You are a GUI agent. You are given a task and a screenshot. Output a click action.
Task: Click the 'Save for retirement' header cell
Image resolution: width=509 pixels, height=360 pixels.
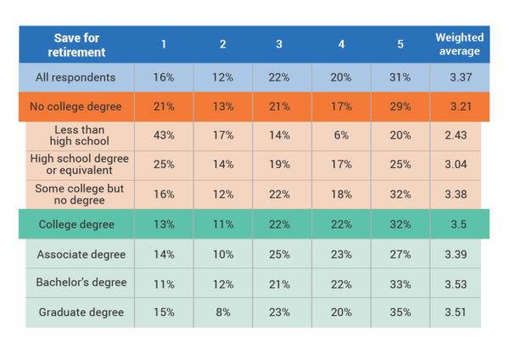point(80,44)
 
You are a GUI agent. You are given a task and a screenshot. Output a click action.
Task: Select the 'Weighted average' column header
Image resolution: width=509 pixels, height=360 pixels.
point(459,44)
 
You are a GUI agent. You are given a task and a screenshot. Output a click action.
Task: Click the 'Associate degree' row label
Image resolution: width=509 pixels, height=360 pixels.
point(81,254)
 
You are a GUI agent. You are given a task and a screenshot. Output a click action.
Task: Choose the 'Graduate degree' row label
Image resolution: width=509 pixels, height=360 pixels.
point(81,312)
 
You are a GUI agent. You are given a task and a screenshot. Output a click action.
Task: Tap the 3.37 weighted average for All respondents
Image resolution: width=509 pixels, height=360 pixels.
point(459,77)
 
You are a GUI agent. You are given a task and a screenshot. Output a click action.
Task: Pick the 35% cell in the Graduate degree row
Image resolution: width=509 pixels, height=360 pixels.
point(400,312)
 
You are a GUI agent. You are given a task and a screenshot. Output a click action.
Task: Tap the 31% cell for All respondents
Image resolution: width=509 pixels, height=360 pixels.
point(400,77)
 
